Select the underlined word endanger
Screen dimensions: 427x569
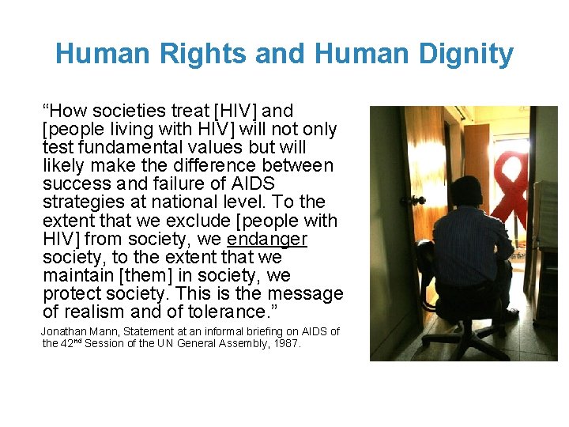click(x=267, y=239)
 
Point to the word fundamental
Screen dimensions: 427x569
click(x=122, y=147)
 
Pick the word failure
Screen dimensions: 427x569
click(x=179, y=184)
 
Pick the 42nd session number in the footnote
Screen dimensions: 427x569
click(x=70, y=343)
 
